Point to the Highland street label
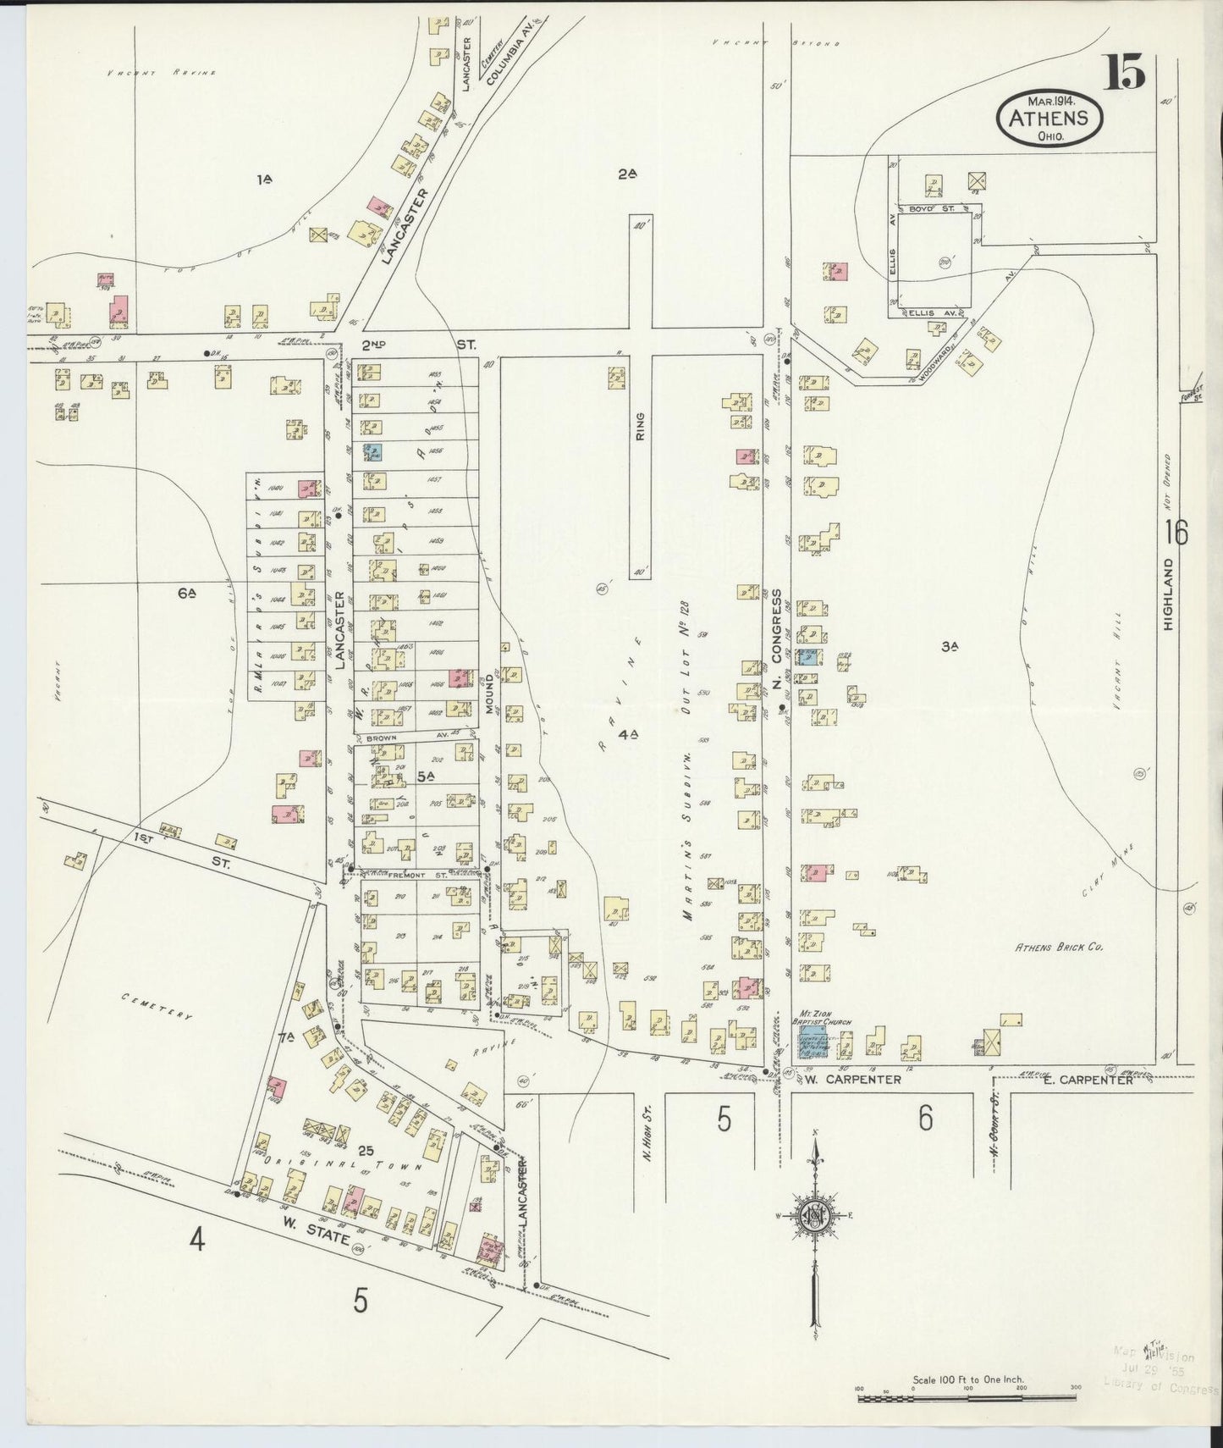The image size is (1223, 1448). click(1170, 593)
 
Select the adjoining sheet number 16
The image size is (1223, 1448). click(1175, 533)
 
